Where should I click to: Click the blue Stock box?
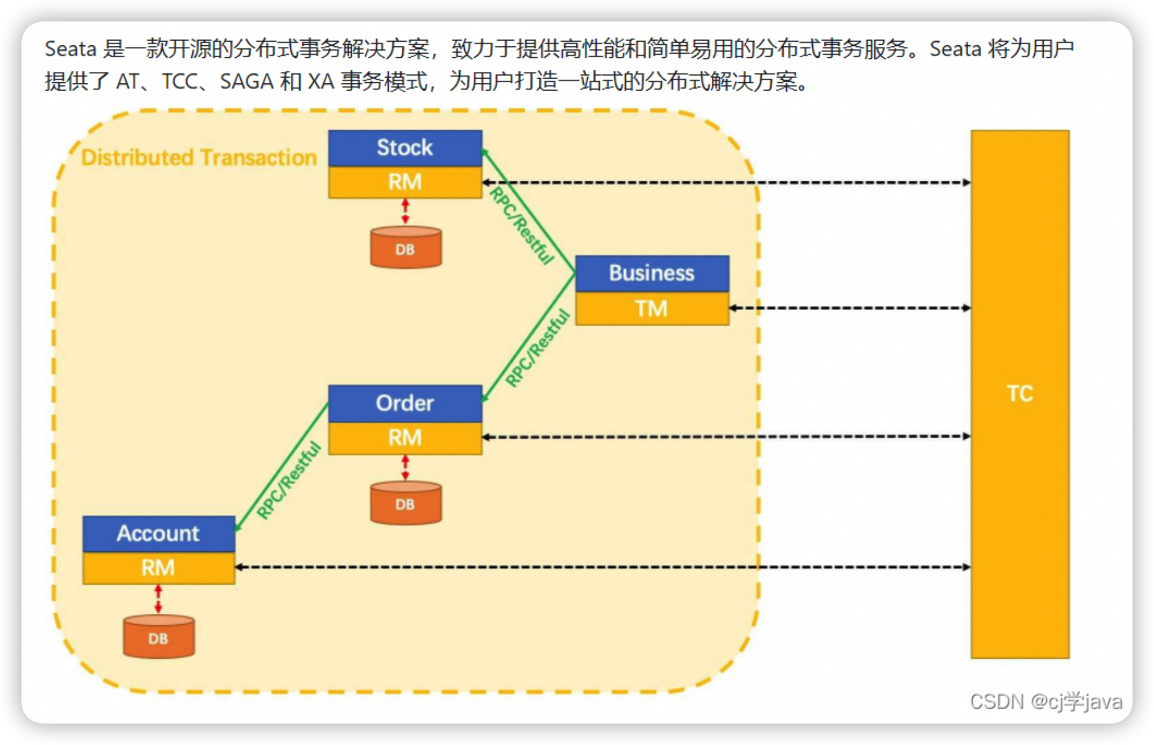point(405,148)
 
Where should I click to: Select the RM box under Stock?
point(405,182)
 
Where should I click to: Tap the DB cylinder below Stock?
point(405,248)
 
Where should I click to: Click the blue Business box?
point(652,273)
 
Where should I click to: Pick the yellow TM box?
point(652,308)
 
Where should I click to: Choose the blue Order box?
point(405,403)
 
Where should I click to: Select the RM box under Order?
point(405,437)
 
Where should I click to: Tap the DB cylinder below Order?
point(405,504)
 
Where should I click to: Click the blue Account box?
point(158,533)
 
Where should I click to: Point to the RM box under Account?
point(158,567)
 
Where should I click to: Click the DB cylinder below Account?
point(159,638)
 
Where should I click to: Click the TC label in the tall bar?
point(1020,394)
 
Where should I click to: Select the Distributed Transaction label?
point(199,157)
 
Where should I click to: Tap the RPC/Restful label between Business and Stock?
point(522,225)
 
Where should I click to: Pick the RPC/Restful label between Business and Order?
point(537,349)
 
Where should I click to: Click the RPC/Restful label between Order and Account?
point(288,480)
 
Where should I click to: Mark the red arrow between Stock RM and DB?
point(405,212)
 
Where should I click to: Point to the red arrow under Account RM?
point(158,599)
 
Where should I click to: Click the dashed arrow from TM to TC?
point(849,308)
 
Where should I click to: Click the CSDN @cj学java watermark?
point(1046,701)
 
